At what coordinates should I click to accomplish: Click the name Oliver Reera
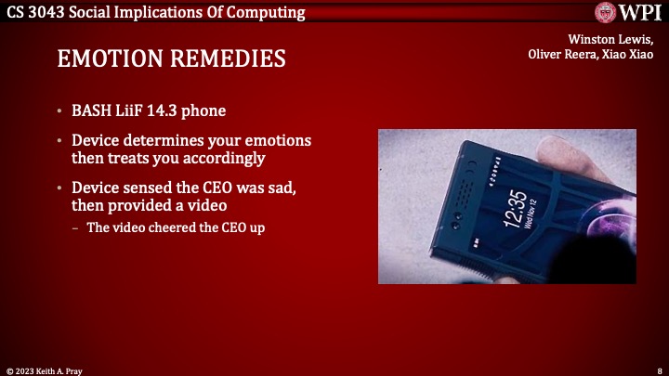[561, 53]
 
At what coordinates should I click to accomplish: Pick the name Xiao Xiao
[632, 53]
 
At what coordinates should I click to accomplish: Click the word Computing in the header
[268, 12]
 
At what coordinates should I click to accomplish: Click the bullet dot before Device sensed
[60, 187]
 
